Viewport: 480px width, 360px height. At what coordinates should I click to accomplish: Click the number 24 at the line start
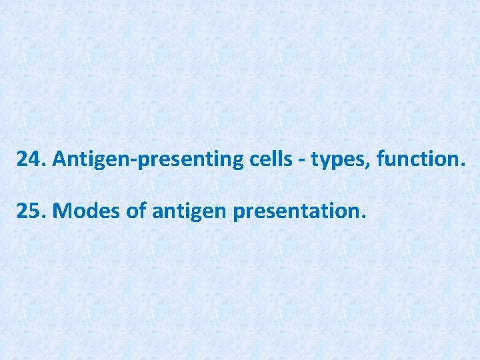(x=29, y=159)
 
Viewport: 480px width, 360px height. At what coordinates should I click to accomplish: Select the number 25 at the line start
(x=29, y=211)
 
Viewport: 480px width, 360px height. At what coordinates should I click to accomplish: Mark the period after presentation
(x=363, y=217)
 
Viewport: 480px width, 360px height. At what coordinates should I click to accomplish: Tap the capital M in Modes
(x=61, y=211)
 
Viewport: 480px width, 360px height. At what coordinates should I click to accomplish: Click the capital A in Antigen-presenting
(x=59, y=159)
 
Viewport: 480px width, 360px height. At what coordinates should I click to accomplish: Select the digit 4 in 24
(x=35, y=159)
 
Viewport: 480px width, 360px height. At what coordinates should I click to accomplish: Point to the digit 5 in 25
(x=35, y=211)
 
